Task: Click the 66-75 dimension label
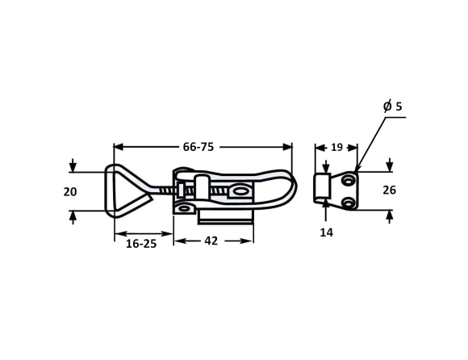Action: (198, 147)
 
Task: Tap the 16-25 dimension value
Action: (141, 244)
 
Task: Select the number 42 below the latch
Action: (211, 241)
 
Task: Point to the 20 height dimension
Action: (70, 191)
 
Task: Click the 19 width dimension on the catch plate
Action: (336, 147)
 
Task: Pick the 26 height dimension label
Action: (390, 190)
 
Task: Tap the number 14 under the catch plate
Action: (326, 232)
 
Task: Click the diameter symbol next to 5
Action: (387, 107)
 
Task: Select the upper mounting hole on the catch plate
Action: (348, 180)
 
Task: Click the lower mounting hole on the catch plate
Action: (348, 203)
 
